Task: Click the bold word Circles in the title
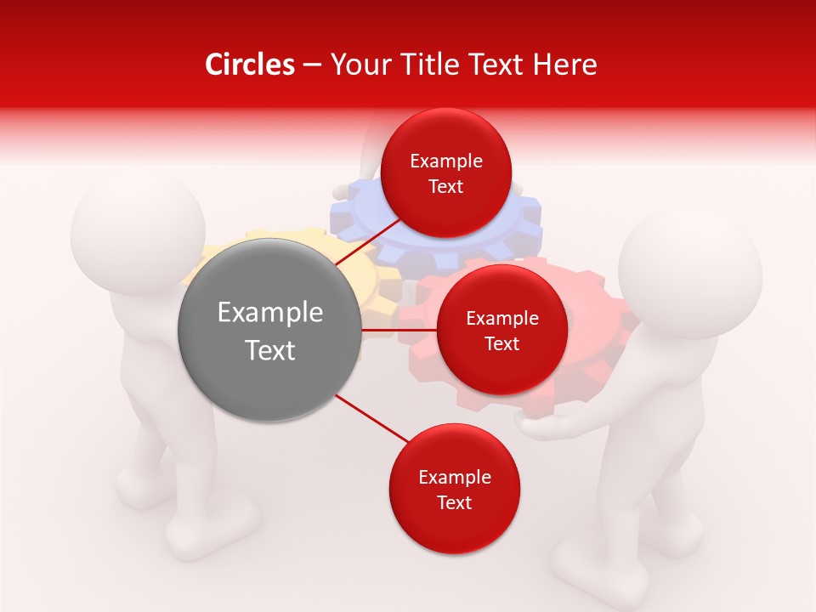point(249,65)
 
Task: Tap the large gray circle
point(270,330)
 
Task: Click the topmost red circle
point(445,173)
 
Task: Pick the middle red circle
point(501,330)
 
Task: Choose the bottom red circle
point(454,489)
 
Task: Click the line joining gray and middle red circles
point(399,330)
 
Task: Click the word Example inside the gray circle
point(270,313)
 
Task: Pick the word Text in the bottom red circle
point(454,502)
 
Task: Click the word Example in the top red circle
point(445,161)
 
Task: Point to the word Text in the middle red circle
point(501,343)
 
